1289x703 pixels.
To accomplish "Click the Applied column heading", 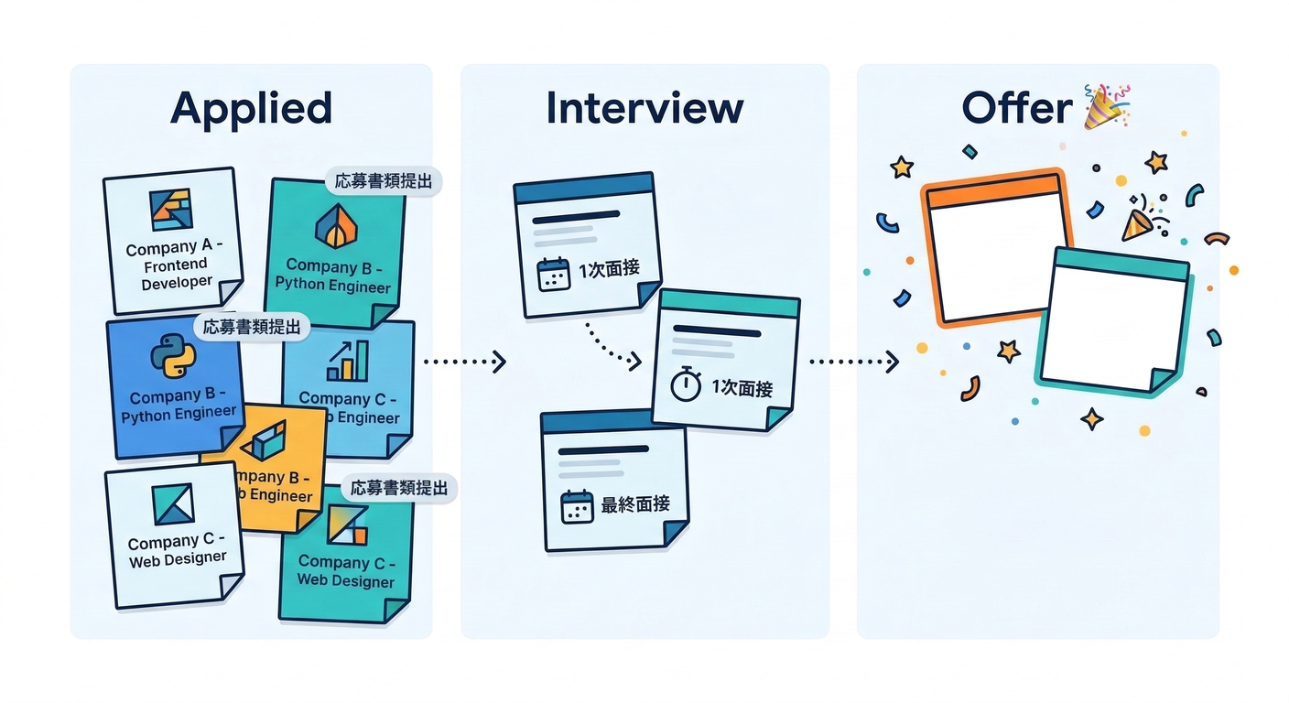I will pyautogui.click(x=251, y=108).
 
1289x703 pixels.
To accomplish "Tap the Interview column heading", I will pyautogui.click(x=644, y=108).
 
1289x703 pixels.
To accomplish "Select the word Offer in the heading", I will pyautogui.click(x=1017, y=109).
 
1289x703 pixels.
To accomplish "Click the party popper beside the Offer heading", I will pyautogui.click(x=1105, y=104).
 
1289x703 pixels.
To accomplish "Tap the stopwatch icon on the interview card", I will pyautogui.click(x=686, y=385).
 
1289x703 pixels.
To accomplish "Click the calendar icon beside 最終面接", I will pyautogui.click(x=578, y=506).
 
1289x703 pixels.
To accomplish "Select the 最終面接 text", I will pyautogui.click(x=635, y=504).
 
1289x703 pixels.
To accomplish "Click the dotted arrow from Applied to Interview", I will pyautogui.click(x=465, y=362).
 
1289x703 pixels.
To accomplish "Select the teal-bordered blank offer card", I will pyautogui.click(x=1113, y=320).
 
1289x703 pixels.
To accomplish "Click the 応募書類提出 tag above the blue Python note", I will pyautogui.click(x=252, y=327).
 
